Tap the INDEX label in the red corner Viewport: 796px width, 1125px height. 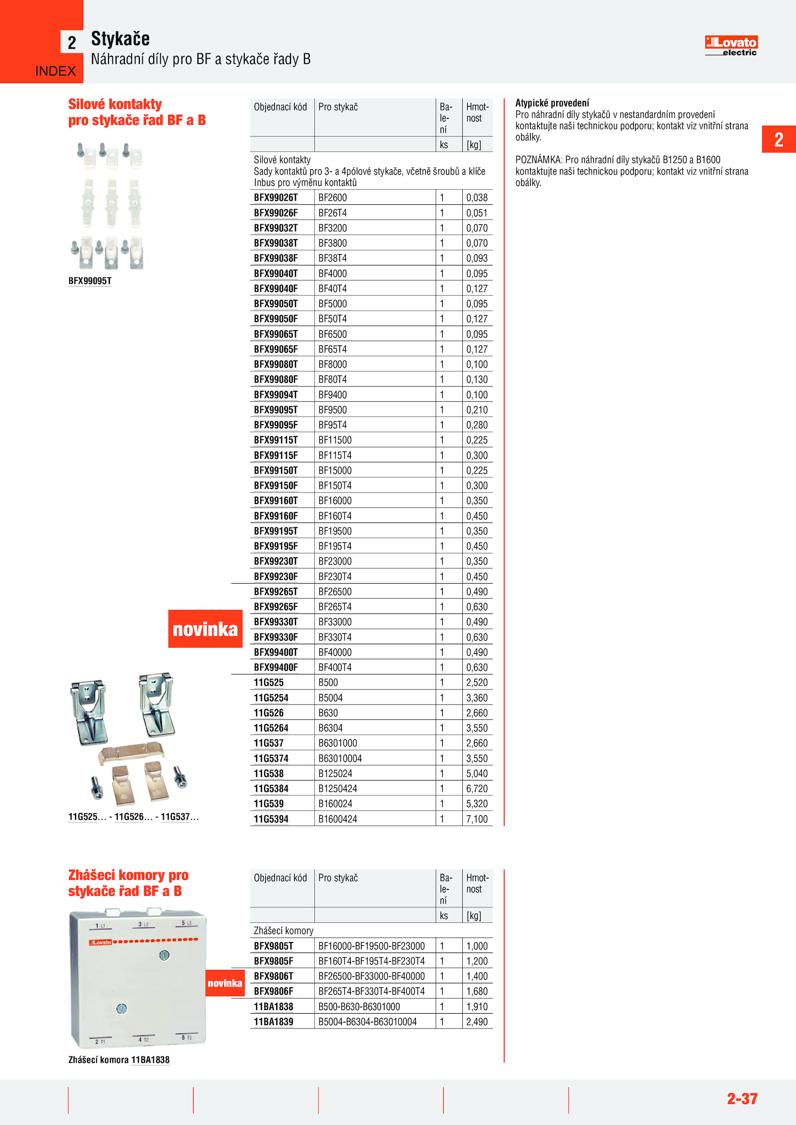coord(55,71)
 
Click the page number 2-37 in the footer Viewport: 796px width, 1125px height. coord(742,1099)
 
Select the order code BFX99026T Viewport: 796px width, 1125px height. coord(276,197)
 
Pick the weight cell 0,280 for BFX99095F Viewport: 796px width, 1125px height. coord(477,425)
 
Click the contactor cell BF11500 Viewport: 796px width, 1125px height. coord(335,440)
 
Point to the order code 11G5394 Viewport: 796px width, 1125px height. coord(271,819)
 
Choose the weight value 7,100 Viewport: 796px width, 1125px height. coord(477,819)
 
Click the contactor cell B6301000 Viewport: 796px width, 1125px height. coord(338,743)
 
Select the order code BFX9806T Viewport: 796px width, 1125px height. coord(274,976)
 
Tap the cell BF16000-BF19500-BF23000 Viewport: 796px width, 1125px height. coord(372,946)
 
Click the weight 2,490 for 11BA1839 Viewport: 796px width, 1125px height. coord(477,1022)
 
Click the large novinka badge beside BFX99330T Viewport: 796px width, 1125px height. coord(205,629)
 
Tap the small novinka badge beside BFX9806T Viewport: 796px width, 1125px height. coord(225,983)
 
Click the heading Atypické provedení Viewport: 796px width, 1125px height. coord(552,103)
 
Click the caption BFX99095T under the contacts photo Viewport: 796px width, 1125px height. coord(90,281)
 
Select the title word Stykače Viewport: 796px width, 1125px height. coord(120,39)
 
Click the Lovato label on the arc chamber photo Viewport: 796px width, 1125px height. coord(100,942)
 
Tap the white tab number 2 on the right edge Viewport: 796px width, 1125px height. coord(779,139)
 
